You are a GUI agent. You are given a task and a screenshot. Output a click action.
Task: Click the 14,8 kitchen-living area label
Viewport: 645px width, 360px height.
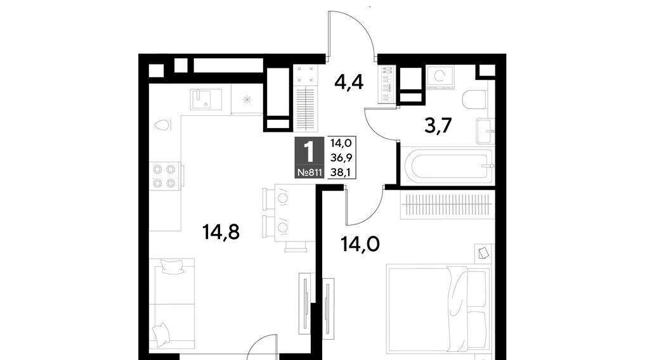(221, 233)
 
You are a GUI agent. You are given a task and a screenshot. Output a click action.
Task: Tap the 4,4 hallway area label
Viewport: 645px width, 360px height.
(349, 83)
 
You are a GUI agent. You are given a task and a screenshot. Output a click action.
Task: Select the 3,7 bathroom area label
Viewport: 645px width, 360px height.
(438, 125)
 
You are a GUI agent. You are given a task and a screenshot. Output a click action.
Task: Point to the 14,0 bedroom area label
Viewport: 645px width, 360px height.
(360, 244)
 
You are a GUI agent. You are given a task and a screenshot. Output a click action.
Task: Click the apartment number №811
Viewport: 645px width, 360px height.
(309, 172)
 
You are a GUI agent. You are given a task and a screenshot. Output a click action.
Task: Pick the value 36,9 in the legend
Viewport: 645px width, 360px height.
(341, 158)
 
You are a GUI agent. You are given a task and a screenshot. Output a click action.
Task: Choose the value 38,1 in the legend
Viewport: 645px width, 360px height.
(341, 172)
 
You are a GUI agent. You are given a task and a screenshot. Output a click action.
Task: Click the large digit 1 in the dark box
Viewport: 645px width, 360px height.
(309, 152)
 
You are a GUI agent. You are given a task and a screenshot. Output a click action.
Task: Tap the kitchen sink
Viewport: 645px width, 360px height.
(205, 99)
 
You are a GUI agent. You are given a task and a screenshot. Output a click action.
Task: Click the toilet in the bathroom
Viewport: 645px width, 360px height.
(474, 100)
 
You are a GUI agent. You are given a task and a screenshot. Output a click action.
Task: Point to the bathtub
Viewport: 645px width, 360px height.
(448, 166)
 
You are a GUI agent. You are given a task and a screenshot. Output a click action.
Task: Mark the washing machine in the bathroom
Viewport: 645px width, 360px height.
(440, 77)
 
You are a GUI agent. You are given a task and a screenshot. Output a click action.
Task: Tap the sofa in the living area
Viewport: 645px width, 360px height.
(172, 305)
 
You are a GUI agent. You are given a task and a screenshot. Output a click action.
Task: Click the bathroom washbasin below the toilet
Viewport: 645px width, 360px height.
(485, 131)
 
